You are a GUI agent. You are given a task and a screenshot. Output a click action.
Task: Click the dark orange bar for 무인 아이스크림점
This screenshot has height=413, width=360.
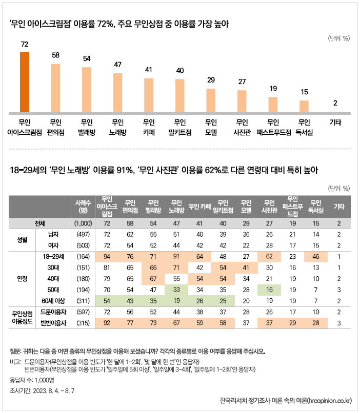[24, 82]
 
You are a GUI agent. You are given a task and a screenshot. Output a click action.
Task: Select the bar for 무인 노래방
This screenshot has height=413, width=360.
[117, 93]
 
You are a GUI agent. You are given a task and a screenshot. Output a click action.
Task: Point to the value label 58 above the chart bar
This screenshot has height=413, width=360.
[55, 55]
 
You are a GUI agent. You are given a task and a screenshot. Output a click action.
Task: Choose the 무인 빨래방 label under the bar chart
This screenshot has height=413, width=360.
[86, 127]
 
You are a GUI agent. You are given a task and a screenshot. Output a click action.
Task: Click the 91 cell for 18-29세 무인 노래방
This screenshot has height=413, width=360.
[175, 257]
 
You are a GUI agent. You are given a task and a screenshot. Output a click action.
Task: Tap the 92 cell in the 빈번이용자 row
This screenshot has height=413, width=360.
[107, 323]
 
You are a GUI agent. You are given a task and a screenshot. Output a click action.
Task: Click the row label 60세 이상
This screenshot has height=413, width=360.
[53, 300]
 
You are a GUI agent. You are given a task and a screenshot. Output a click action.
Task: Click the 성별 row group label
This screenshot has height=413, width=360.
[23, 240]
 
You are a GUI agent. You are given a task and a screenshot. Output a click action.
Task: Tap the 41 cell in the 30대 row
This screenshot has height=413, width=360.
[246, 267]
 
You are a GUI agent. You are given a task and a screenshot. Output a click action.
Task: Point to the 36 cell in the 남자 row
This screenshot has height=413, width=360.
[246, 234]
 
